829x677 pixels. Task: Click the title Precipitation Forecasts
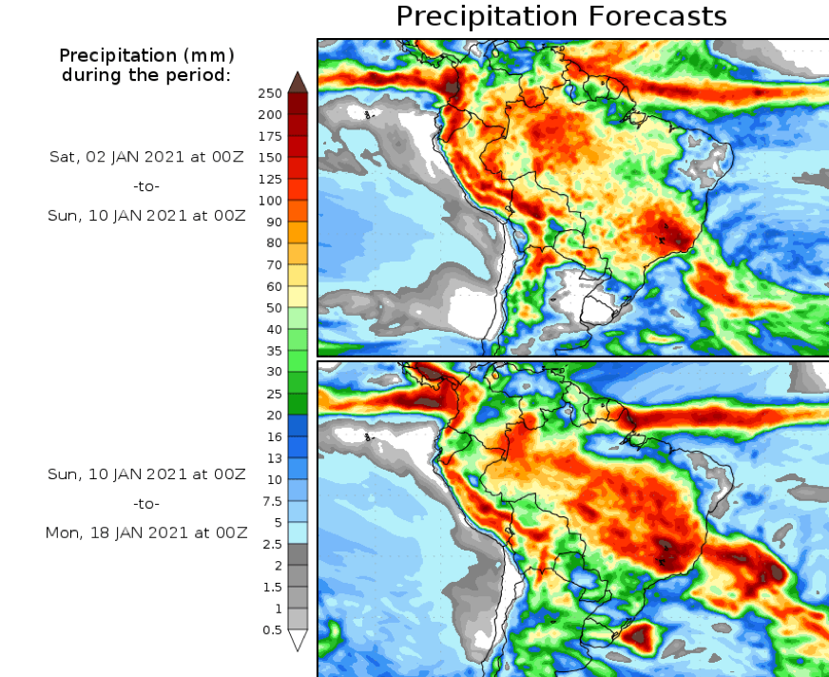pyautogui.click(x=561, y=16)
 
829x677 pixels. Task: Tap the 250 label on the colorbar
pyautogui.click(x=269, y=93)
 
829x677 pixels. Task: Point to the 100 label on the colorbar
pyautogui.click(x=269, y=201)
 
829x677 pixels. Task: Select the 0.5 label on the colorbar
pyautogui.click(x=271, y=629)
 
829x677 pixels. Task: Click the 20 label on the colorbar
pyautogui.click(x=273, y=415)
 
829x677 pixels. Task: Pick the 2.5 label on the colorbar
pyautogui.click(x=271, y=544)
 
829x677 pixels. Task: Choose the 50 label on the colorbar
pyautogui.click(x=273, y=308)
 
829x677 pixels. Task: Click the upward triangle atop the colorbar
pyautogui.click(x=298, y=82)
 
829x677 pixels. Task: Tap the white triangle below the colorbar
pyautogui.click(x=298, y=640)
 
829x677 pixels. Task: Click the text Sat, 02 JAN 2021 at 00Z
pyautogui.click(x=147, y=157)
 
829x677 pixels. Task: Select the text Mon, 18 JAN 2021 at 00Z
pyautogui.click(x=147, y=532)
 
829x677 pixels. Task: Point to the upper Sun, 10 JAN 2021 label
pyautogui.click(x=147, y=215)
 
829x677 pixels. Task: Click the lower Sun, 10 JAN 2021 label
pyautogui.click(x=147, y=474)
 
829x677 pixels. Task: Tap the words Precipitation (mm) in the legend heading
pyautogui.click(x=147, y=55)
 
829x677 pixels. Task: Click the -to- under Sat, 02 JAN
pyautogui.click(x=147, y=186)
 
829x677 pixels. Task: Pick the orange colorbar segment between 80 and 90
pyautogui.click(x=298, y=232)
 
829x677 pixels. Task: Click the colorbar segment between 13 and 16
pyautogui.click(x=298, y=447)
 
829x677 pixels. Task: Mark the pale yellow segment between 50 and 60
pyautogui.click(x=298, y=297)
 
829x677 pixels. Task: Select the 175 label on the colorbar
pyautogui.click(x=269, y=136)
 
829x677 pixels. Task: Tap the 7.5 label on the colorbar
pyautogui.click(x=271, y=501)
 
